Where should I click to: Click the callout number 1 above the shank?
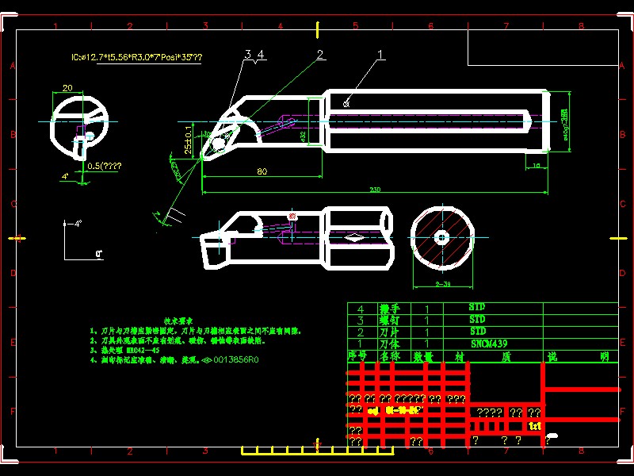pos(381,55)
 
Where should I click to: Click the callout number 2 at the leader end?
pos(320,55)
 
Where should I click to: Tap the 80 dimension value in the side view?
pos(261,171)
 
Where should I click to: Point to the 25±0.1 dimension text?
pos(188,140)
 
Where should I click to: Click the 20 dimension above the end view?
pos(67,87)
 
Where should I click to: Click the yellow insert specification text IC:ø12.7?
pos(136,58)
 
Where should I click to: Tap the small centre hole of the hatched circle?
pos(442,236)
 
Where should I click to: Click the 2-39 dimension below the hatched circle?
pos(442,282)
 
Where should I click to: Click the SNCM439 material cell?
pos(489,344)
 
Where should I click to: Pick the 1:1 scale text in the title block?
pos(535,427)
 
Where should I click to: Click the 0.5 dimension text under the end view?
pos(105,165)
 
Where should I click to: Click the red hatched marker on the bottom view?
pos(292,216)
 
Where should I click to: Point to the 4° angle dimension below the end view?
pos(65,175)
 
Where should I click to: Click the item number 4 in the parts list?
pos(362,308)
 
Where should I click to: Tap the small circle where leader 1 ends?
pos(346,102)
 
